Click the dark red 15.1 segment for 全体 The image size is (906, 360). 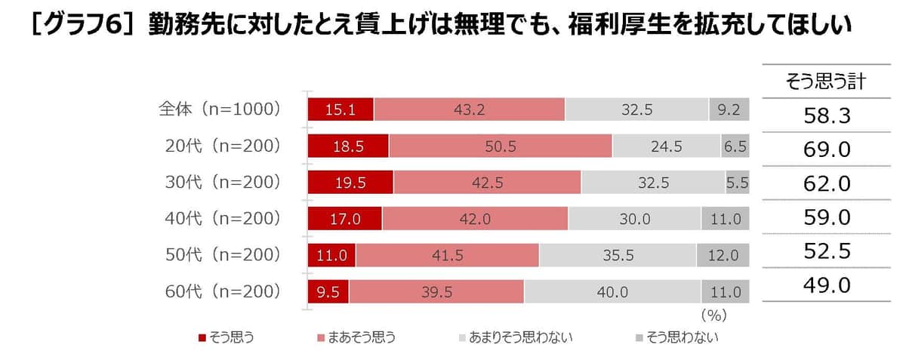pyautogui.click(x=341, y=110)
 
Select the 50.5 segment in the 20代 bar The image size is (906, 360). pyautogui.click(x=500, y=146)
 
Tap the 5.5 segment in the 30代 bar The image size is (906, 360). pyautogui.click(x=737, y=183)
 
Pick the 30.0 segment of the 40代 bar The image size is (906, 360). pyautogui.click(x=634, y=219)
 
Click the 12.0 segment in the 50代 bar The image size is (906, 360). pyautogui.click(x=723, y=255)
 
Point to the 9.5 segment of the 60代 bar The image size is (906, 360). pyautogui.click(x=328, y=291)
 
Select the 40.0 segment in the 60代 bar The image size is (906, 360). pyautogui.click(x=612, y=291)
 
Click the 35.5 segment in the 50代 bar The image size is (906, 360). pyautogui.click(x=617, y=255)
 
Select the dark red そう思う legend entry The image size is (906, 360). pyautogui.click(x=226, y=337)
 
